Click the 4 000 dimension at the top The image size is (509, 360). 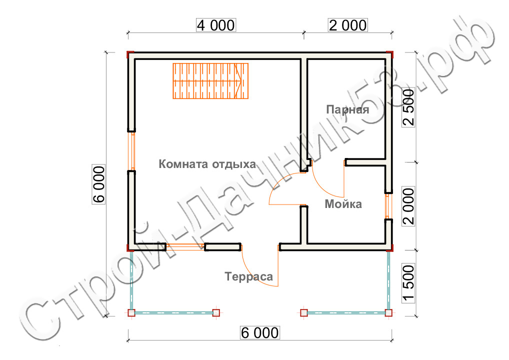tap(216, 25)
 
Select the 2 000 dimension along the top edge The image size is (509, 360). tap(348, 25)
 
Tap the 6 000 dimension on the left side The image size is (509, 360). tap(99, 184)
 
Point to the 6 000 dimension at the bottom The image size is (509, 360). tap(259, 332)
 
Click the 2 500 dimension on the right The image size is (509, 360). tap(408, 107)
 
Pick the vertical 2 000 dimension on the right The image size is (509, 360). tap(408, 206)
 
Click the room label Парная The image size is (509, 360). tap(347, 109)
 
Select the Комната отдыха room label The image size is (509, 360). tap(207, 164)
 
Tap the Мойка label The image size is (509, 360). tap(343, 204)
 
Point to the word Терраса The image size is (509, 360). tap(248, 276)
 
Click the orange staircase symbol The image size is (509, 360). tap(210, 81)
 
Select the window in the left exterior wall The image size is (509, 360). tap(131, 151)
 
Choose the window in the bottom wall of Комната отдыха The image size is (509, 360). tap(185, 247)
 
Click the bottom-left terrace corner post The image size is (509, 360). tap(131, 313)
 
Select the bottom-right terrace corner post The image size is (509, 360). tap(388, 313)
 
